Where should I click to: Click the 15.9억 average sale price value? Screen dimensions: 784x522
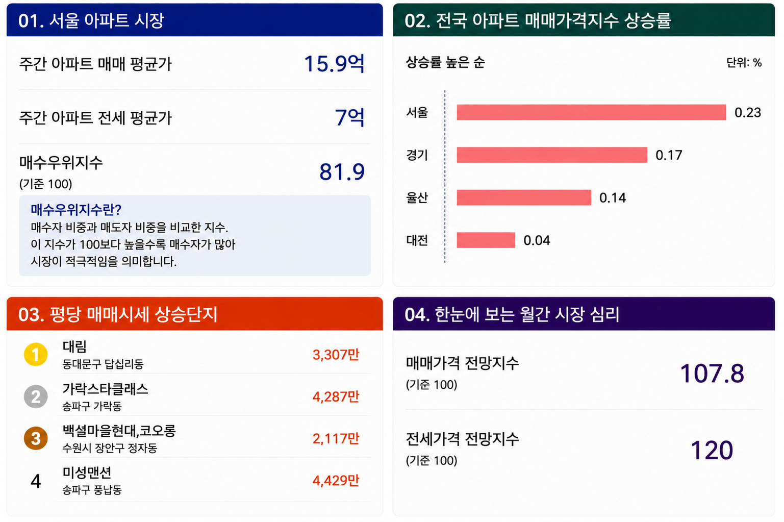[334, 64]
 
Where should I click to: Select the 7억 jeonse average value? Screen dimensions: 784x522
[349, 117]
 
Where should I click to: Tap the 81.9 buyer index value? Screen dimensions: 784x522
[342, 171]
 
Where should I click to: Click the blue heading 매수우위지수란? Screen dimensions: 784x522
[76, 210]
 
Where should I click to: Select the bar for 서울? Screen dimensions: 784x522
[591, 112]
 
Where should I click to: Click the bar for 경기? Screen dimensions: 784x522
[552, 155]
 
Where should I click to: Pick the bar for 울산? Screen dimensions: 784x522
[524, 197]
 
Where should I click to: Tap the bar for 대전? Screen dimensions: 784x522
[486, 240]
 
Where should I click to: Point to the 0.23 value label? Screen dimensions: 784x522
[748, 112]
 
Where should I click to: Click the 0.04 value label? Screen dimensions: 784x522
[537, 240]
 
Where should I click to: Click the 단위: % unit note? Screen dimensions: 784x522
[744, 63]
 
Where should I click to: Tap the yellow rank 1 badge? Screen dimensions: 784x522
[36, 354]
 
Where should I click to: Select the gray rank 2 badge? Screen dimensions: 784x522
[36, 396]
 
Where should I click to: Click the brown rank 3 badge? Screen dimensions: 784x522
[36, 438]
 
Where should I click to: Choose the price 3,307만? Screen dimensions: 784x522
[336, 355]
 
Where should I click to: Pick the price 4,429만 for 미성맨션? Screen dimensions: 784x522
[336, 480]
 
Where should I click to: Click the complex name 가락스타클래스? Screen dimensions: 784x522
[106, 389]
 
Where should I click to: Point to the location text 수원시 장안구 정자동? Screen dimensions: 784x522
[110, 448]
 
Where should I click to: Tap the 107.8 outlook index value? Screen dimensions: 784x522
[712, 373]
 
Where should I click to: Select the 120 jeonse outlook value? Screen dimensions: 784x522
[712, 450]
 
